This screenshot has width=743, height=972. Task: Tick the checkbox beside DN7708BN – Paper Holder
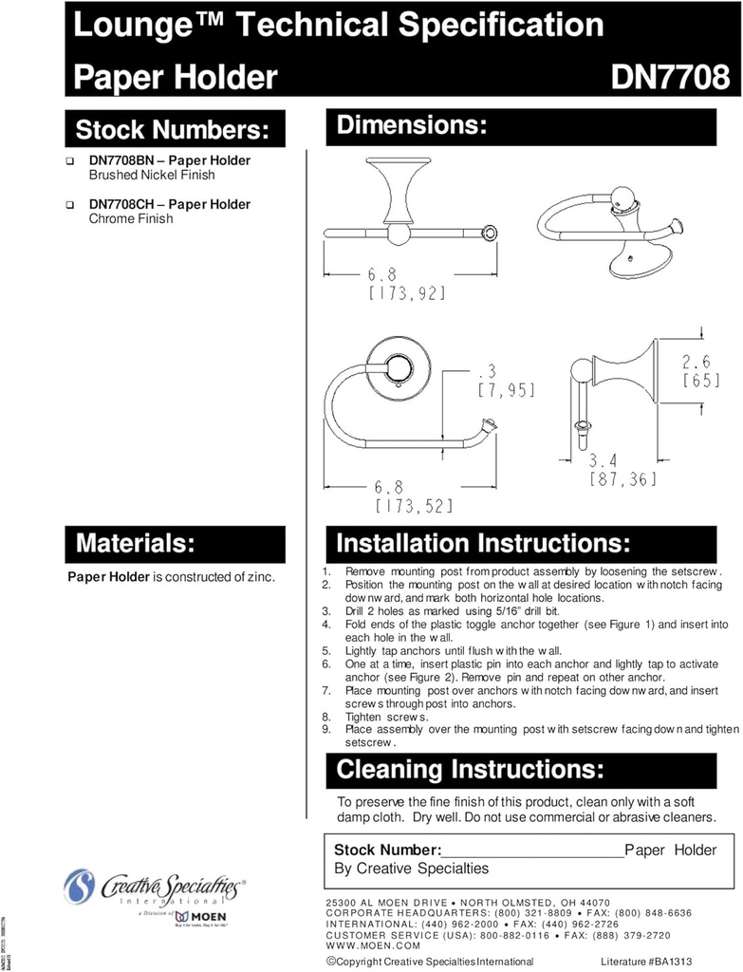pyautogui.click(x=70, y=161)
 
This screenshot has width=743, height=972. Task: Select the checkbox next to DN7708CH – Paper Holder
pyautogui.click(x=70, y=205)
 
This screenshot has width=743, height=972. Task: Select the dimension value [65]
pyautogui.click(x=701, y=381)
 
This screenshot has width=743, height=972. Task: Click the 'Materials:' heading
pyautogui.click(x=135, y=544)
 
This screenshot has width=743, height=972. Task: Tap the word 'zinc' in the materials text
pyautogui.click(x=258, y=576)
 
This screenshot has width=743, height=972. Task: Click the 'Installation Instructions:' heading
pyautogui.click(x=483, y=544)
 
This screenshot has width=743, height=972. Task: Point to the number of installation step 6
pyautogui.click(x=325, y=664)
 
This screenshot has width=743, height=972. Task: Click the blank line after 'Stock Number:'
pyautogui.click(x=533, y=851)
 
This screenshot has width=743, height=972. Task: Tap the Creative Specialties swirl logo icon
pyautogui.click(x=80, y=888)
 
